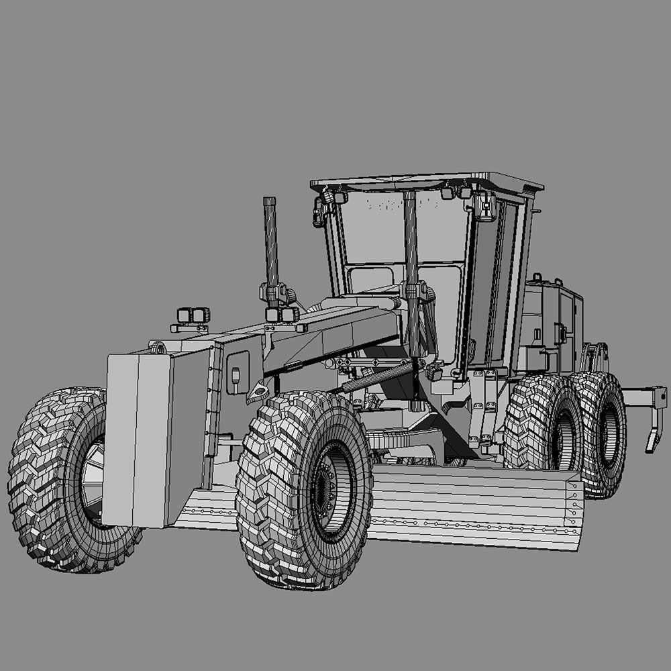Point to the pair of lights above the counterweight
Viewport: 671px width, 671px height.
pyautogui.click(x=193, y=315)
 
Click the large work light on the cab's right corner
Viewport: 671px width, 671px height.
pyautogui.click(x=484, y=206)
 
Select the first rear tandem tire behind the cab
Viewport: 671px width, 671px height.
pyautogui.click(x=544, y=423)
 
